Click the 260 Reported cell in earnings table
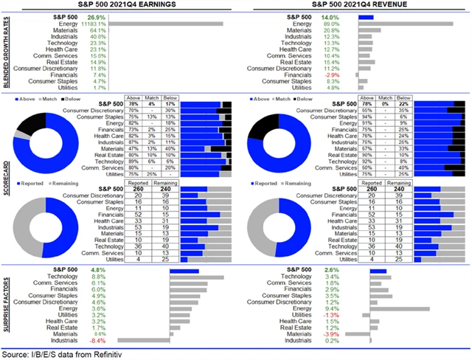pos(139,188)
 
